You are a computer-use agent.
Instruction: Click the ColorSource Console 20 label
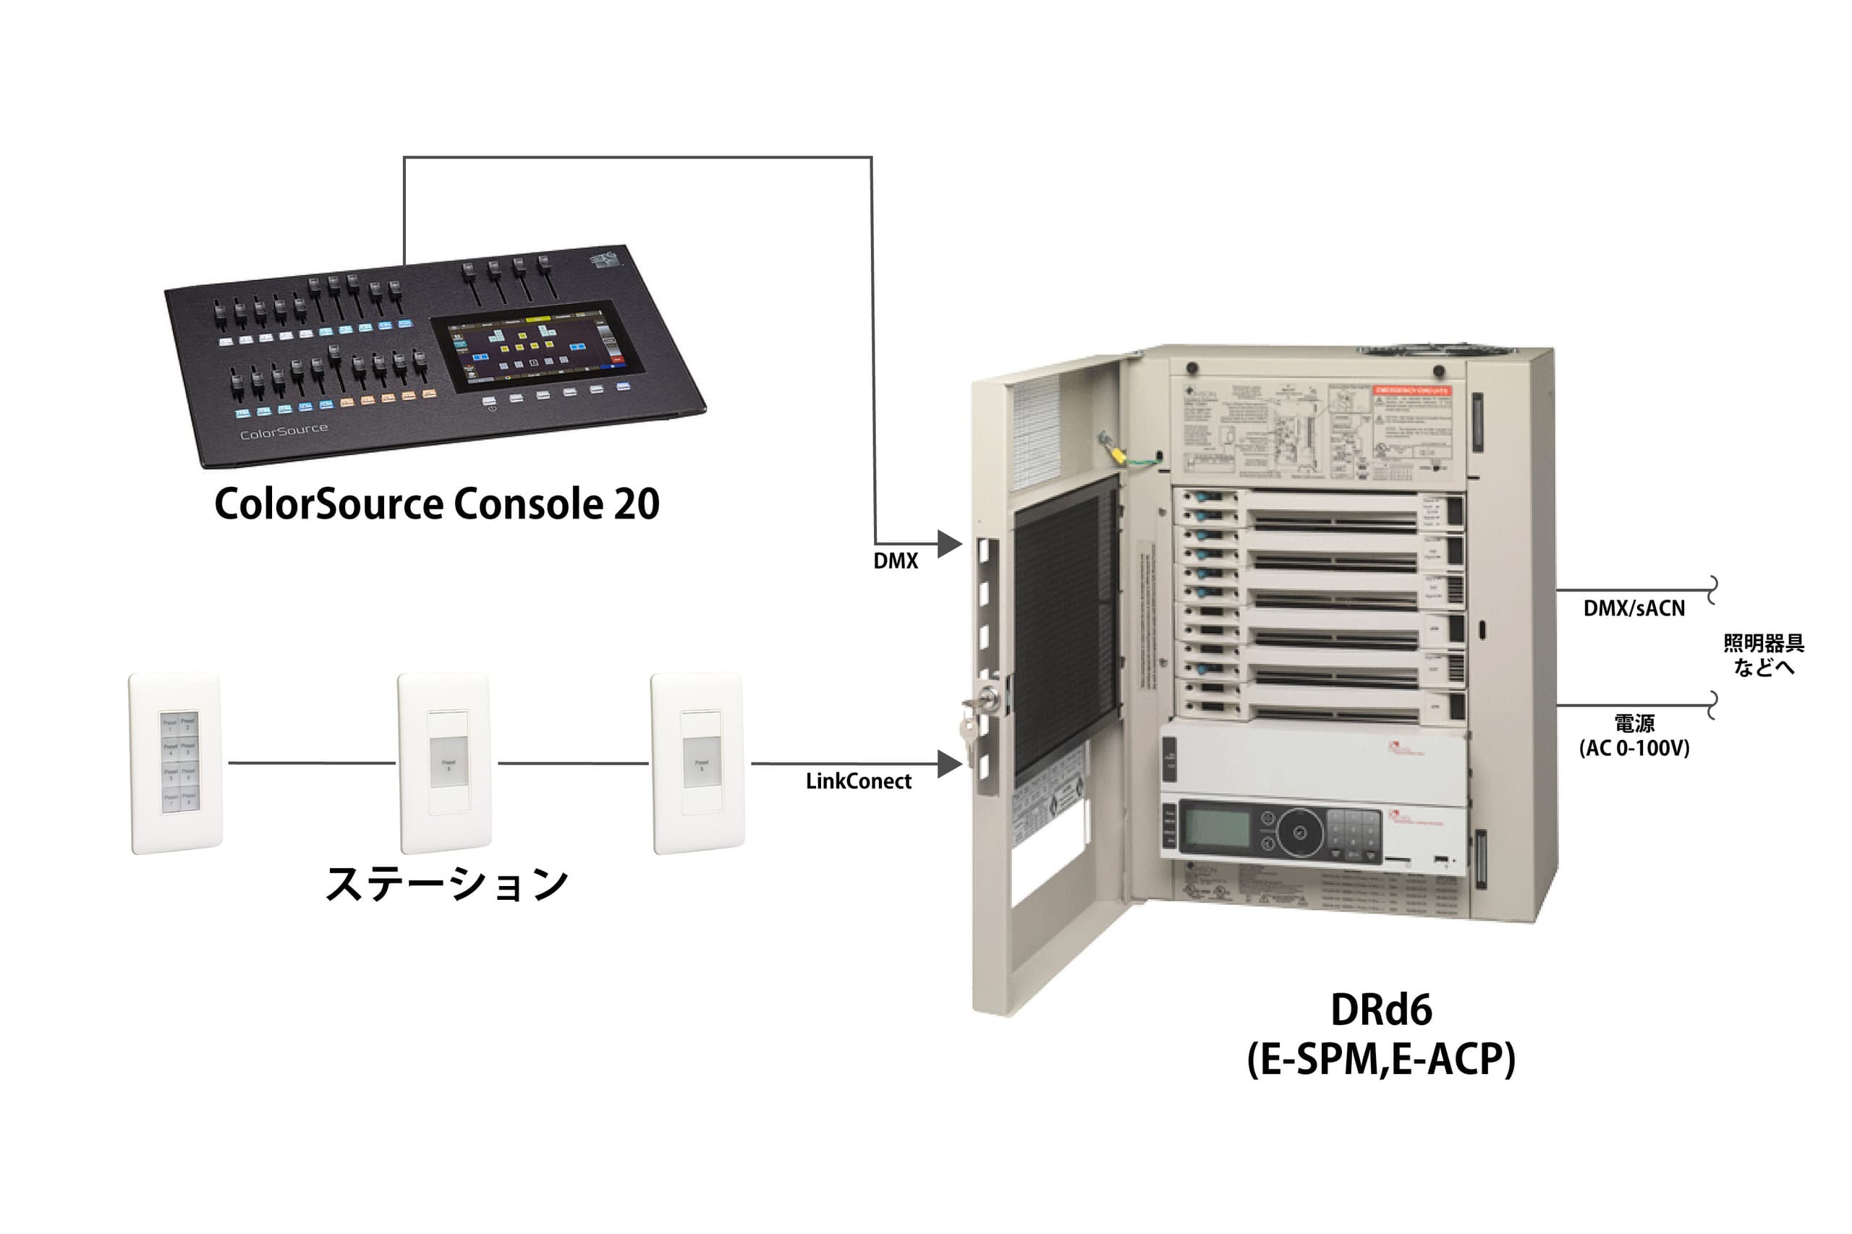pyautogui.click(x=437, y=503)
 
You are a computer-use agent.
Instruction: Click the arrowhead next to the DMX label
pyautogui.click(x=948, y=543)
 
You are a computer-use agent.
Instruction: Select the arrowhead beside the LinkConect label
pyautogui.click(x=948, y=762)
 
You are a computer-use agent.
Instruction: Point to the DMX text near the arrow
pyautogui.click(x=895, y=561)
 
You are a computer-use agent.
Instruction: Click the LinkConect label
pyautogui.click(x=858, y=780)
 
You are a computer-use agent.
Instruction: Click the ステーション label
pyautogui.click(x=446, y=884)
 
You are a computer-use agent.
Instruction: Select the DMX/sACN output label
pyautogui.click(x=1634, y=608)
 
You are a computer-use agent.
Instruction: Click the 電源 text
pyautogui.click(x=1634, y=723)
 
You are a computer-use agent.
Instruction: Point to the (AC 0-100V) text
pyautogui.click(x=1634, y=748)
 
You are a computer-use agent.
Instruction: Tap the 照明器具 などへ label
pyautogui.click(x=1763, y=655)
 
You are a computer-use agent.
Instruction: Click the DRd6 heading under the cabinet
pyautogui.click(x=1380, y=1010)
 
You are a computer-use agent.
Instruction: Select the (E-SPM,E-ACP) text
pyautogui.click(x=1380, y=1059)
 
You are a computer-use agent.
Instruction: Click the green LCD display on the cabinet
pyautogui.click(x=1217, y=828)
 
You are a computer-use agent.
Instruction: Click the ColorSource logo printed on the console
pyautogui.click(x=284, y=431)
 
